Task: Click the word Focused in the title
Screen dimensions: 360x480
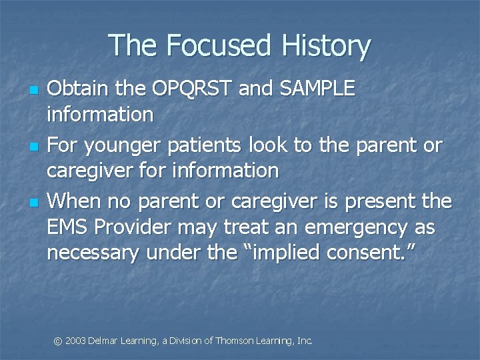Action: pyautogui.click(x=219, y=46)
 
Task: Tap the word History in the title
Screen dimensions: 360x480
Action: pyautogui.click(x=326, y=46)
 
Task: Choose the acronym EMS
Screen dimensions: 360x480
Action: pyautogui.click(x=68, y=229)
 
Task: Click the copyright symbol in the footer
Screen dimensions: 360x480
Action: pyautogui.click(x=58, y=341)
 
